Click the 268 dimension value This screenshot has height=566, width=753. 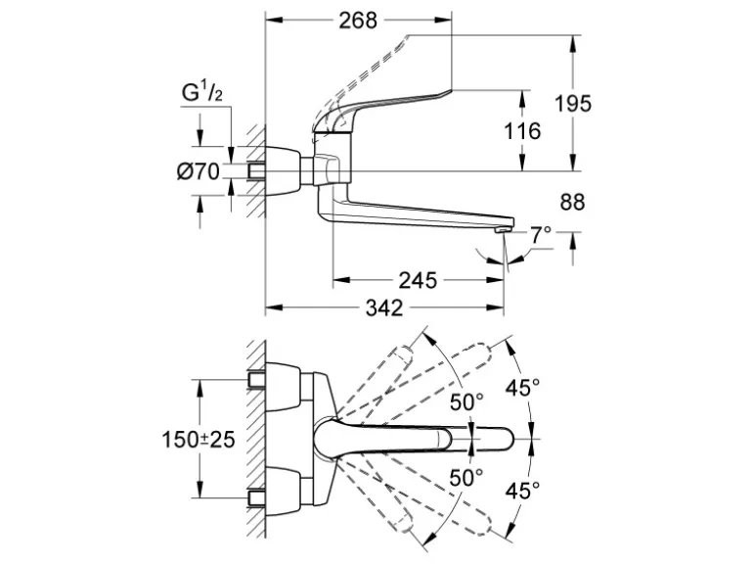coord(360,21)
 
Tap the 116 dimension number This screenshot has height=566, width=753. coord(520,129)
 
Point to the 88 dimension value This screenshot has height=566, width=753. coord(572,203)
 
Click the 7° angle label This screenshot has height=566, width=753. coord(540,235)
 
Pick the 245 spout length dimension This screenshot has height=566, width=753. coord(418,281)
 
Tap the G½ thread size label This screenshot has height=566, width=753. coord(203,94)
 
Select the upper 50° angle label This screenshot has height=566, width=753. coord(466,401)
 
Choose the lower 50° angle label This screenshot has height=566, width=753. coord(466,477)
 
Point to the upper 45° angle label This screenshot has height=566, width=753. coord(522,388)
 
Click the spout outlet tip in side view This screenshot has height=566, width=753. coord(502,229)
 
